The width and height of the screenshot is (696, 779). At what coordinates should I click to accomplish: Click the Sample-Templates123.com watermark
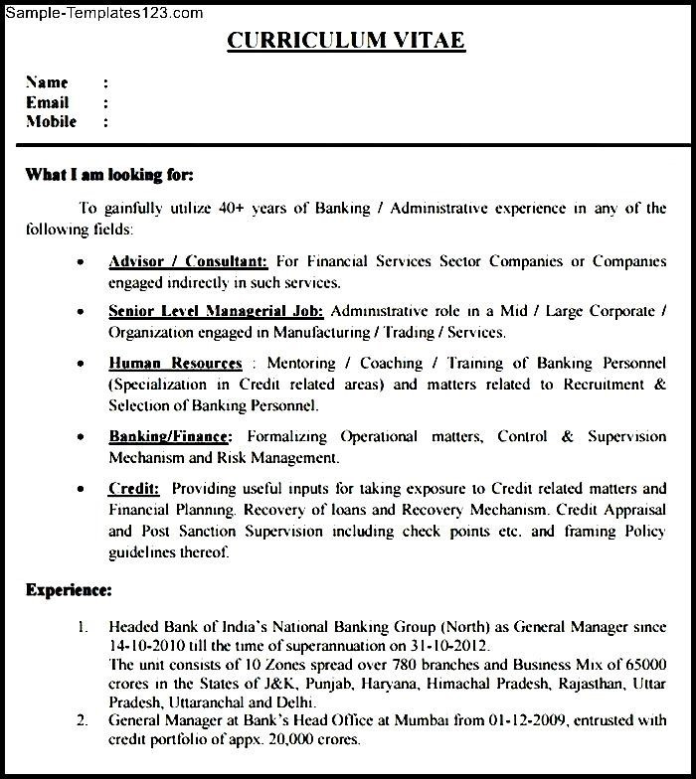click(x=102, y=13)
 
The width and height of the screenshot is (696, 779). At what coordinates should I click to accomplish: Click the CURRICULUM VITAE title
click(x=345, y=41)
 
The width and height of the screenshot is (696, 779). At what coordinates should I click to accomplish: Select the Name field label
click(x=47, y=82)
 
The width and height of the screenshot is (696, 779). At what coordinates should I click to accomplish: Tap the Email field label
click(x=47, y=102)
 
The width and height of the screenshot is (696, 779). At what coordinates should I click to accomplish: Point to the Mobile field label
click(x=52, y=121)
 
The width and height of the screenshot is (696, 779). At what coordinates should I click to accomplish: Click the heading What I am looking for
click(x=109, y=175)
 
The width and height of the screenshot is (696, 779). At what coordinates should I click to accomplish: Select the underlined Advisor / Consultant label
click(x=188, y=262)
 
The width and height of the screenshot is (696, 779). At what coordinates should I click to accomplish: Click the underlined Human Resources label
click(x=175, y=364)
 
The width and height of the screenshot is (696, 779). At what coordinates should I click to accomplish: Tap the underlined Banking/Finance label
click(x=170, y=436)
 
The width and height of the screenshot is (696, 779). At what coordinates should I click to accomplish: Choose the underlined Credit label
click(x=134, y=489)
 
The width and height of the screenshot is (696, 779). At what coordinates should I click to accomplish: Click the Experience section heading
click(x=69, y=590)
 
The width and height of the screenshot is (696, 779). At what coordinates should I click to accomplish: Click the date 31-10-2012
click(x=453, y=645)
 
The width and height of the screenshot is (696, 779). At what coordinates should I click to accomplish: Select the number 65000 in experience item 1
click(x=643, y=664)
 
